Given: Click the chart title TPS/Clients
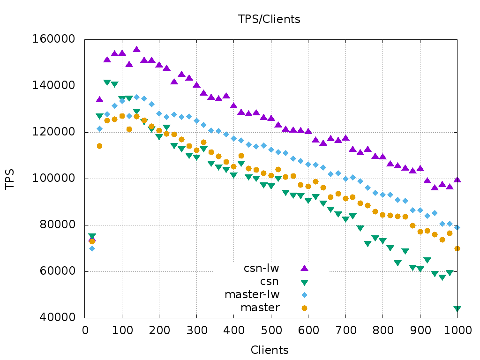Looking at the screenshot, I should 269,19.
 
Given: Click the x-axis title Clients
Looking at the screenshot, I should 270,350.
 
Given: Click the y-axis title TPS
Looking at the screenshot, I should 10,180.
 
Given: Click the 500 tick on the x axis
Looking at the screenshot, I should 271,330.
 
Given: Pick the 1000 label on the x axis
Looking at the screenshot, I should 457,330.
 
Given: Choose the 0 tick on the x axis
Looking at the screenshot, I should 85,330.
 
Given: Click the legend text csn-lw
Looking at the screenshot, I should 261,269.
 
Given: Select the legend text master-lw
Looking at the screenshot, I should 252,295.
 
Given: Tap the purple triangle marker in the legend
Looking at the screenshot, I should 304,268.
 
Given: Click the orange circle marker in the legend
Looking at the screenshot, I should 304,308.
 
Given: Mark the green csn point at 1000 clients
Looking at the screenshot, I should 457,309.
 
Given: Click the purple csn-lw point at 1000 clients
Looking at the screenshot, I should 457,180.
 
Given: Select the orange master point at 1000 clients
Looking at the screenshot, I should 457,248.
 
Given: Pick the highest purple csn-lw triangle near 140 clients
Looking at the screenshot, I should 136,49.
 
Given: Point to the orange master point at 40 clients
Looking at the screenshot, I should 99,146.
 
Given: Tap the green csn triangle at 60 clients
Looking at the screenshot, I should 107,82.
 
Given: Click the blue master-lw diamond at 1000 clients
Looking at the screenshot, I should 457,227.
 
